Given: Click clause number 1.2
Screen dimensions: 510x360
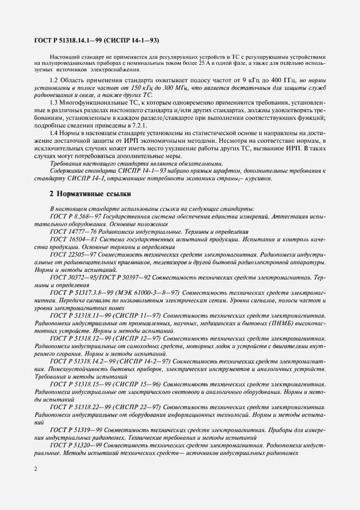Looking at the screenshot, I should [x=55, y=81].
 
